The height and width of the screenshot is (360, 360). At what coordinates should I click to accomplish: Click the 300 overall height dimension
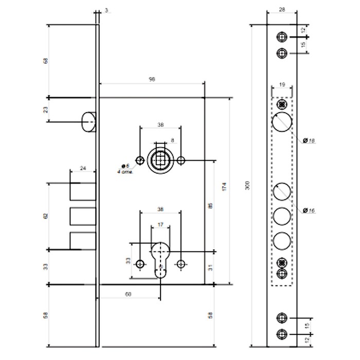tap(247, 187)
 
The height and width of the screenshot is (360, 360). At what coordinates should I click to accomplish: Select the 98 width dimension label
tap(152, 79)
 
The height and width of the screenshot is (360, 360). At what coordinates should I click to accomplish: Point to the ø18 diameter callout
tap(309, 141)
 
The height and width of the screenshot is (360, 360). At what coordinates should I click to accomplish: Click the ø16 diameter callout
tap(309, 210)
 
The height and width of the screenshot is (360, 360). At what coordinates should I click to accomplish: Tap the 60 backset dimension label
tap(129, 294)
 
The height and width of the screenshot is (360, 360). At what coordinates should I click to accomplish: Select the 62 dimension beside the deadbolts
tap(46, 216)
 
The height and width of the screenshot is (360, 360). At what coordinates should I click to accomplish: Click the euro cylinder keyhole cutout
tap(160, 260)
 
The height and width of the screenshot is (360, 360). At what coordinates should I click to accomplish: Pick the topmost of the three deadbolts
tap(82, 191)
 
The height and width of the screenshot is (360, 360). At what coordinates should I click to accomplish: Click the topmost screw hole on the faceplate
tap(281, 38)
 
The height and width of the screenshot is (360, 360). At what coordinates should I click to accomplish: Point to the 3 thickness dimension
tap(105, 10)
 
